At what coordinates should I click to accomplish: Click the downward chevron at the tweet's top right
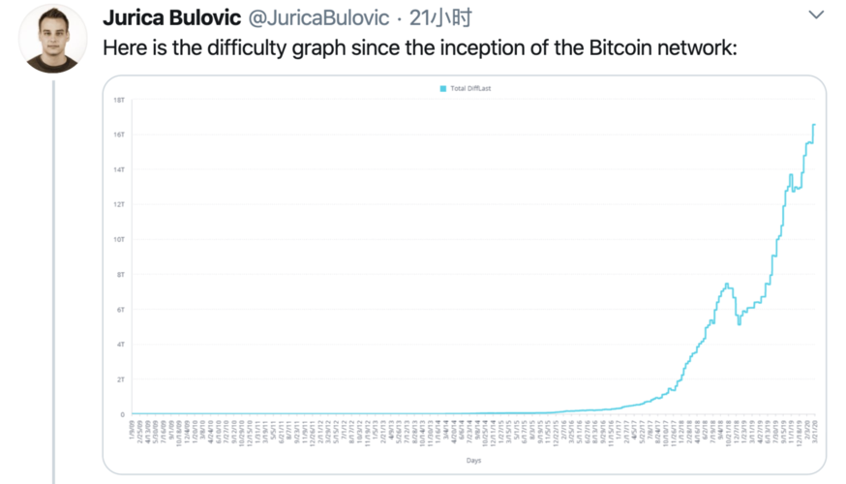816,15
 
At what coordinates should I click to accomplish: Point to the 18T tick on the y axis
118,100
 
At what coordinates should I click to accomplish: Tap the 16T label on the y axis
118,135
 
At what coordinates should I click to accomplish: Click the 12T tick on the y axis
118,204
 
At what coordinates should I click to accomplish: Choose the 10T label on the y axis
118,239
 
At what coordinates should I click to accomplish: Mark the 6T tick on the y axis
119,309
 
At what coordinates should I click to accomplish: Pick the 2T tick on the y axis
119,379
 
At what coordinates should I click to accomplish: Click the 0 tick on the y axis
122,414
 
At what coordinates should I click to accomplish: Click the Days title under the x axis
473,460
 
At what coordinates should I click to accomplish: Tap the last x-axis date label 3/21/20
813,429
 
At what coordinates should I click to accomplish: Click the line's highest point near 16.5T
814,125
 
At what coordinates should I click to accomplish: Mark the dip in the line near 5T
739,323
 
